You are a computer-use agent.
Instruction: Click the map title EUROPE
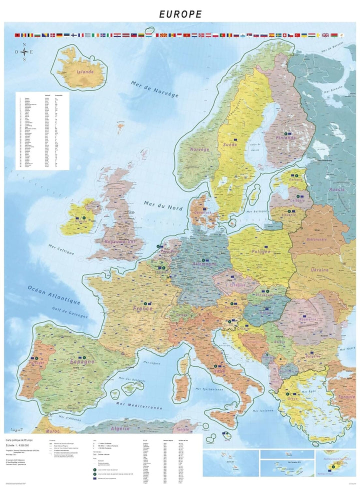pyautogui.click(x=180, y=14)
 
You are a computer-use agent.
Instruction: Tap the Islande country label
pyautogui.click(x=84, y=72)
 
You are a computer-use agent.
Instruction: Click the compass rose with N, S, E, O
pyautogui.click(x=24, y=52)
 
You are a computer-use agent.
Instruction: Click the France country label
pyautogui.click(x=142, y=309)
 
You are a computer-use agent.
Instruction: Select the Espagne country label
pyautogui.click(x=82, y=361)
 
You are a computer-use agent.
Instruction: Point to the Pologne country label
pyautogui.click(x=261, y=252)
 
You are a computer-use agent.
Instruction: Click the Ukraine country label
pyautogui.click(x=320, y=270)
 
